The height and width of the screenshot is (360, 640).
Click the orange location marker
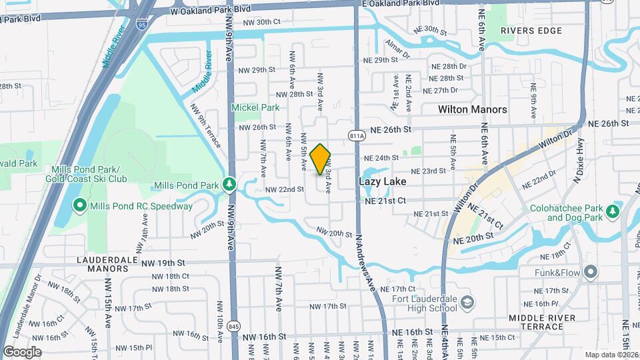[x=321, y=159]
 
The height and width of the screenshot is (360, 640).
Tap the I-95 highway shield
[x=143, y=24]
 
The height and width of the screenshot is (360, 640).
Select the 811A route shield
[x=357, y=136]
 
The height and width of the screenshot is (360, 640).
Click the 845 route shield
[x=234, y=326]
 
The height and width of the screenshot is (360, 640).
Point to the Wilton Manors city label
[x=472, y=109]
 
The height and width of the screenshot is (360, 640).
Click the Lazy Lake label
[x=383, y=181]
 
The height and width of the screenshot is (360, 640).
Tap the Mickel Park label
[x=255, y=107]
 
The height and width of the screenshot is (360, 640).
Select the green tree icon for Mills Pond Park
[x=229, y=183]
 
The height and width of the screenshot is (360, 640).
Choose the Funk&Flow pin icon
[x=590, y=271]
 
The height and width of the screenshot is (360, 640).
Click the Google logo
[x=23, y=351]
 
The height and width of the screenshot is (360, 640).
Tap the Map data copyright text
[x=611, y=355]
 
